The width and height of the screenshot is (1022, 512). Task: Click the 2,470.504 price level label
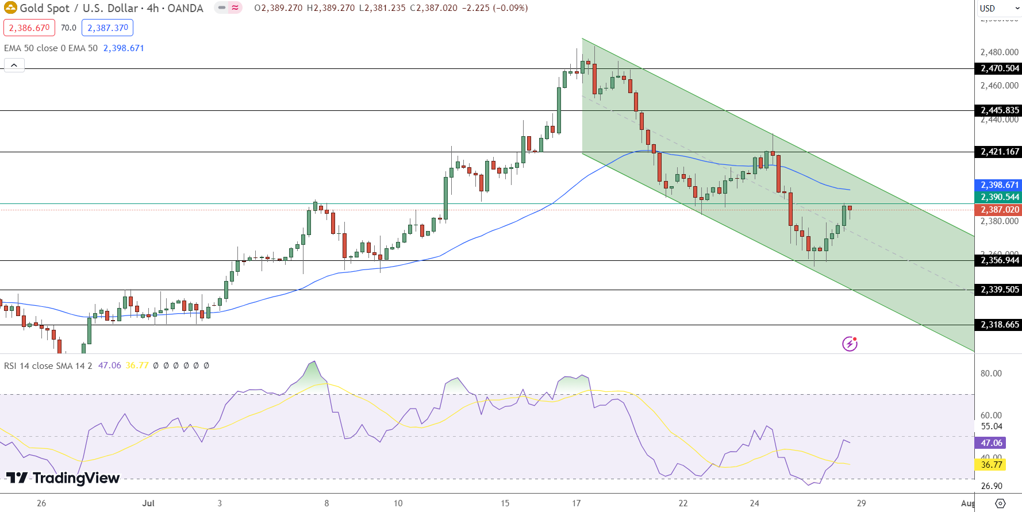click(999, 68)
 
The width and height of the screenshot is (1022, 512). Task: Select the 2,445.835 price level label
click(999, 110)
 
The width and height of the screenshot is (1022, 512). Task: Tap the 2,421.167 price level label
click(999, 152)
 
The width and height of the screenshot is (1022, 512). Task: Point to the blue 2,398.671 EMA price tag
click(999, 185)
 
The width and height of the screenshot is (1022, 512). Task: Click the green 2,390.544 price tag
click(999, 197)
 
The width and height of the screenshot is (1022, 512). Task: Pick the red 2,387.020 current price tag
click(999, 210)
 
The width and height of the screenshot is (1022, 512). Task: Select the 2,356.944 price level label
click(999, 260)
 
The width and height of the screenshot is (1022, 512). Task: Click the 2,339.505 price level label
click(999, 290)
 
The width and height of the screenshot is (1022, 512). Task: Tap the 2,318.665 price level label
click(999, 325)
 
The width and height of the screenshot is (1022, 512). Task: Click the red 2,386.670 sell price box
click(29, 28)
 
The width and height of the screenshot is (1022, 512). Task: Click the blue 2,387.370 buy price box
click(107, 28)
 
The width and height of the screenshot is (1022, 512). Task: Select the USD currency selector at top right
click(998, 8)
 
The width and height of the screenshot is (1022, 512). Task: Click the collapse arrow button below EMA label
click(14, 65)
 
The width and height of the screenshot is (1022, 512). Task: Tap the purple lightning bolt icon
click(850, 344)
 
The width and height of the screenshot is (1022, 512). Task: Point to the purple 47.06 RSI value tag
click(991, 443)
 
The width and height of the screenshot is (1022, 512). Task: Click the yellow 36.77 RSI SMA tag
click(991, 464)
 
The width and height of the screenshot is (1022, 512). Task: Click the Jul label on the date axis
click(148, 503)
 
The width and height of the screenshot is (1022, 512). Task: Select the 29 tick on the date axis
click(861, 503)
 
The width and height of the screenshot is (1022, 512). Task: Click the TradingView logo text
click(63, 478)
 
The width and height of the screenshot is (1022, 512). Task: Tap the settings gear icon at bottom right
click(1000, 503)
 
